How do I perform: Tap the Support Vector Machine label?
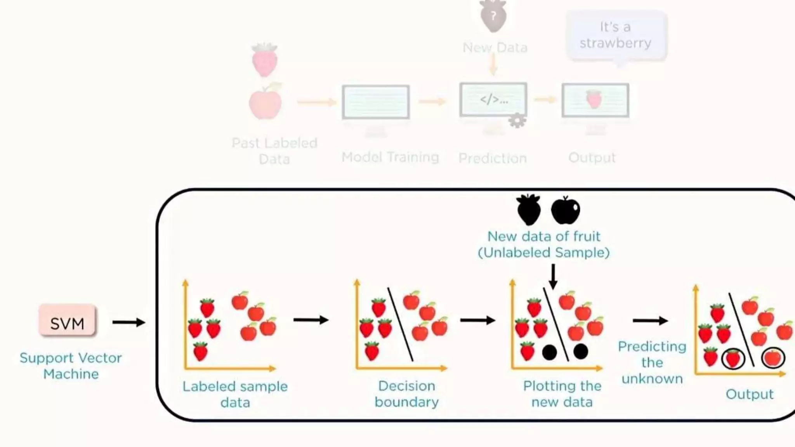(71, 366)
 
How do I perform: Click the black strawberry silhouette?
(528, 210)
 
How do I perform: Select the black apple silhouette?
(566, 210)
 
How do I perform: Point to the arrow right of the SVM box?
(128, 322)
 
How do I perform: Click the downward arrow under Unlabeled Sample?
(553, 276)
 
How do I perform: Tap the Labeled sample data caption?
(235, 394)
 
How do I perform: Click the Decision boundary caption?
(406, 394)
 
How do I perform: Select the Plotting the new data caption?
(562, 394)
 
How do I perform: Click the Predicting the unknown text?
(652, 362)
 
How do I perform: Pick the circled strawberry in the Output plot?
(733, 359)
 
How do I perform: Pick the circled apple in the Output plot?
(773, 358)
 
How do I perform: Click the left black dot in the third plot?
(549, 352)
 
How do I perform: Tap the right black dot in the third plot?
(580, 352)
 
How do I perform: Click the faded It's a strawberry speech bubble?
(616, 35)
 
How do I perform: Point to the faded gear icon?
(517, 121)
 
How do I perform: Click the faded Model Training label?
(390, 157)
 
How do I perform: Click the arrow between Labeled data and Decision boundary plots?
(311, 320)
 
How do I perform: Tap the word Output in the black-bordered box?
(750, 394)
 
